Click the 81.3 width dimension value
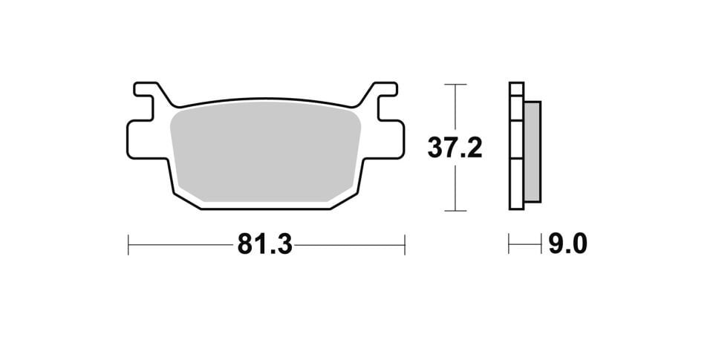[264, 244]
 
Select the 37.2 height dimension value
[455, 148]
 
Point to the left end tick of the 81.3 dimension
[128, 244]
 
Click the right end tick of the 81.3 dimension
[405, 244]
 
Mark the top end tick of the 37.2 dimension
[455, 85]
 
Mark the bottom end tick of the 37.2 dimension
[455, 211]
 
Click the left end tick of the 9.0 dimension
[509, 244]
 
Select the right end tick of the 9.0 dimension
[541, 244]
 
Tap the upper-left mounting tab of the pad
[146, 91]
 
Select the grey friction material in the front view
[265, 152]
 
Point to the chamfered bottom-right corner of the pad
[346, 195]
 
